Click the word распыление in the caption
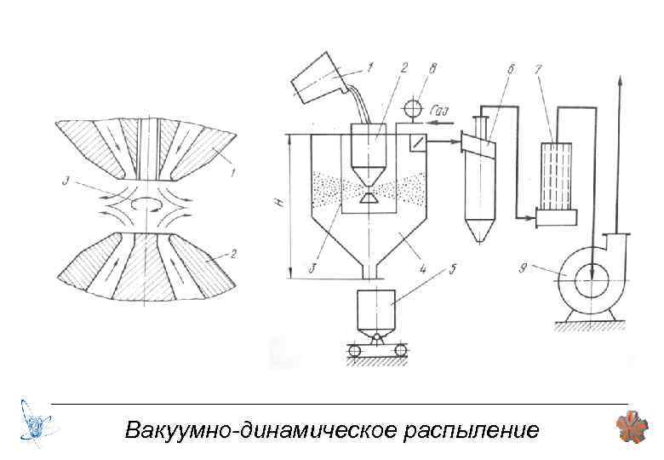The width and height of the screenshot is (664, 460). [467, 429]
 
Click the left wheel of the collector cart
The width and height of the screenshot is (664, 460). [355, 350]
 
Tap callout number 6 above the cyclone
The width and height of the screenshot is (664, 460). [511, 67]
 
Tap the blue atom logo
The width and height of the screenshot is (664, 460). [37, 423]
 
